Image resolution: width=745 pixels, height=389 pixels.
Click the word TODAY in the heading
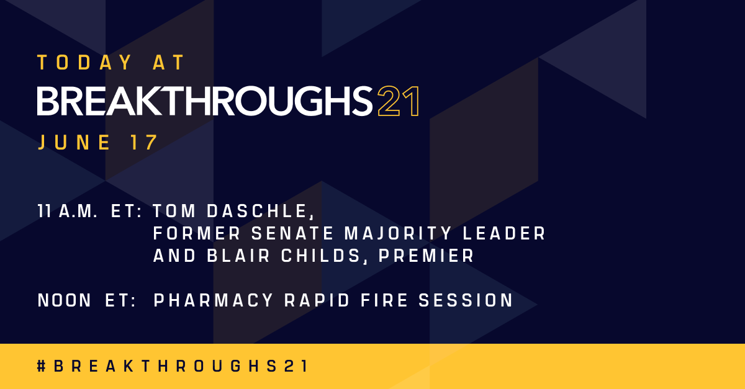coord(85,63)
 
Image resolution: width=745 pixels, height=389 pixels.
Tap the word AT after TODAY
coord(169,63)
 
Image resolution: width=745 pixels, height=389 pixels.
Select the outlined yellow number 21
coord(398,101)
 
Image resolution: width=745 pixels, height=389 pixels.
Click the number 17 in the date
coord(145,143)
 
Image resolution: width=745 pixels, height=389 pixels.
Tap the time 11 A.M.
coord(68,212)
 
